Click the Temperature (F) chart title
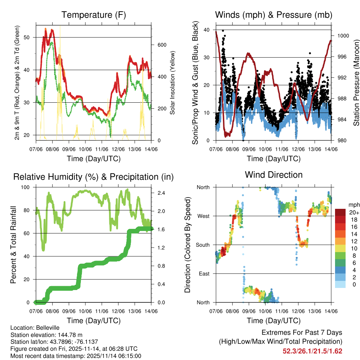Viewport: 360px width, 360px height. [94, 15]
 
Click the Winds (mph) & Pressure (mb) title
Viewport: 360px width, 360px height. [274, 15]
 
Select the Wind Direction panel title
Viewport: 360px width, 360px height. [274, 174]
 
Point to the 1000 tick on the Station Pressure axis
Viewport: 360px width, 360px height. [342, 36]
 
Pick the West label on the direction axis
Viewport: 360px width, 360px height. [203, 216]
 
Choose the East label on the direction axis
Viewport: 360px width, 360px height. [204, 274]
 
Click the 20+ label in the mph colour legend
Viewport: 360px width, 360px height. [354, 212]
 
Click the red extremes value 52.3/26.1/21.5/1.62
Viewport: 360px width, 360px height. [312, 351]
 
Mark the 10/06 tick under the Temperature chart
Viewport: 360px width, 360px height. [85, 149]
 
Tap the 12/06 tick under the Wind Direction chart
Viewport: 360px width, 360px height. [298, 311]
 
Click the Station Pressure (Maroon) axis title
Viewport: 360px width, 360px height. [356, 83]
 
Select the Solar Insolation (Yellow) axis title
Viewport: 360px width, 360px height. [173, 83]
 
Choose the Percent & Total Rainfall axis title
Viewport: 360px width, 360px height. [13, 245]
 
